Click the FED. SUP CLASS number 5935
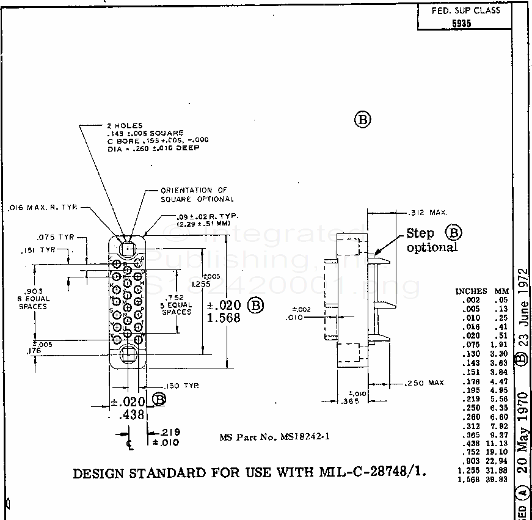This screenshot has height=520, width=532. (x=464, y=23)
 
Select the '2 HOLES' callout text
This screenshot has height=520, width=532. (x=125, y=125)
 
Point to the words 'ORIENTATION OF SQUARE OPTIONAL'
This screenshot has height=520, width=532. (x=197, y=194)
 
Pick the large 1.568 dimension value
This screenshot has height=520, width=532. (x=224, y=318)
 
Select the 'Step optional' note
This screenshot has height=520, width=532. (x=432, y=240)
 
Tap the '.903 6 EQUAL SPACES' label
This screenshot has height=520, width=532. (x=33, y=298)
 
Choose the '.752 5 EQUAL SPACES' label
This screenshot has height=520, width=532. (x=176, y=304)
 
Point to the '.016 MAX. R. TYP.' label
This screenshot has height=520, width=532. (x=43, y=208)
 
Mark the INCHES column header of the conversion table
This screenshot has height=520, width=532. (x=471, y=291)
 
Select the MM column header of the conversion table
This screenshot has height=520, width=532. (x=502, y=291)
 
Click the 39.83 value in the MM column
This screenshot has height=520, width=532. (x=498, y=480)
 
